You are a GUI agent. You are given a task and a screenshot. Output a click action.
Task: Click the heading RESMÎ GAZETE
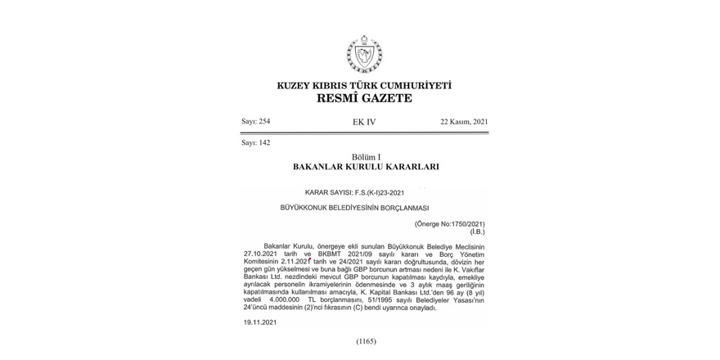(364, 98)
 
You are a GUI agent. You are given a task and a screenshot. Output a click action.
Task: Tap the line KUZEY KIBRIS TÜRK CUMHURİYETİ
(364, 85)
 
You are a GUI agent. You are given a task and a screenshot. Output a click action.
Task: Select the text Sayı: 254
(255, 122)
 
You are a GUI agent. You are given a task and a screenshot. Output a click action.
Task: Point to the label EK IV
(364, 122)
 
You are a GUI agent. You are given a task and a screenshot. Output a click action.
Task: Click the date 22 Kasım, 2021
(464, 122)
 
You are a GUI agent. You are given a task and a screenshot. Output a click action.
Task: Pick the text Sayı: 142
(255, 142)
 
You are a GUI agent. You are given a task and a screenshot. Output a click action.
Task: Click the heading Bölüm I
(366, 155)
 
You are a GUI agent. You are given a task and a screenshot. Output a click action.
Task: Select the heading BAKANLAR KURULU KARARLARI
(366, 166)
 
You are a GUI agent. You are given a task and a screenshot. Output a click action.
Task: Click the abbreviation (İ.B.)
(476, 232)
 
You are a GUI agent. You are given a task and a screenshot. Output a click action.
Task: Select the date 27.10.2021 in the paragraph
(260, 254)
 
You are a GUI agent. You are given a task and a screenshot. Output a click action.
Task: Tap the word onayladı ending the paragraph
(421, 308)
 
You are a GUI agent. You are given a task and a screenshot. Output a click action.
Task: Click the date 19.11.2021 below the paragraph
(260, 323)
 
